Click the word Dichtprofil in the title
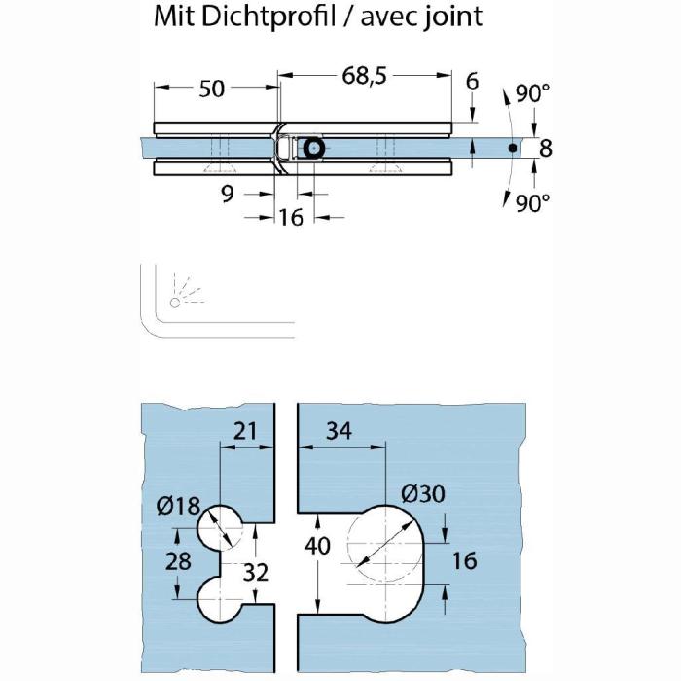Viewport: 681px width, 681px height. [x=269, y=18]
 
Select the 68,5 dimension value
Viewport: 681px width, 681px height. [x=364, y=77]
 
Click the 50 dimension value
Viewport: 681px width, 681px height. [x=212, y=89]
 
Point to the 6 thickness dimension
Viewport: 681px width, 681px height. [x=472, y=81]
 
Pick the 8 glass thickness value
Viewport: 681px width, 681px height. [x=545, y=148]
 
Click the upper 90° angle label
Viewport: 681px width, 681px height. [x=532, y=93]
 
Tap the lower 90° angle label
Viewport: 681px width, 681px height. [x=532, y=202]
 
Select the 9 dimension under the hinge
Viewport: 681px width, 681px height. [x=228, y=194]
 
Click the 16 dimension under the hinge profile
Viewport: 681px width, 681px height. [x=291, y=217]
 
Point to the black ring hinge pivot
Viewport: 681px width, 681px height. [x=313, y=149]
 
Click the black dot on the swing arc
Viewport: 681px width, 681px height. [x=513, y=148]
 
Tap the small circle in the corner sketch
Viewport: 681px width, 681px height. [x=175, y=303]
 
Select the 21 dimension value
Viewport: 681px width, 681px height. [x=245, y=431]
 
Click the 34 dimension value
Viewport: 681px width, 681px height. [x=339, y=431]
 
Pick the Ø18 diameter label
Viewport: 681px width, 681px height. [x=178, y=506]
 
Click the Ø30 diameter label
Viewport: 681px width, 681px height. [x=423, y=494]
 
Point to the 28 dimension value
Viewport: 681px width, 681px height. [x=178, y=560]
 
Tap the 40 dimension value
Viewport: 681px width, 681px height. [x=317, y=546]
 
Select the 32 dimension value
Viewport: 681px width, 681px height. [x=255, y=572]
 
